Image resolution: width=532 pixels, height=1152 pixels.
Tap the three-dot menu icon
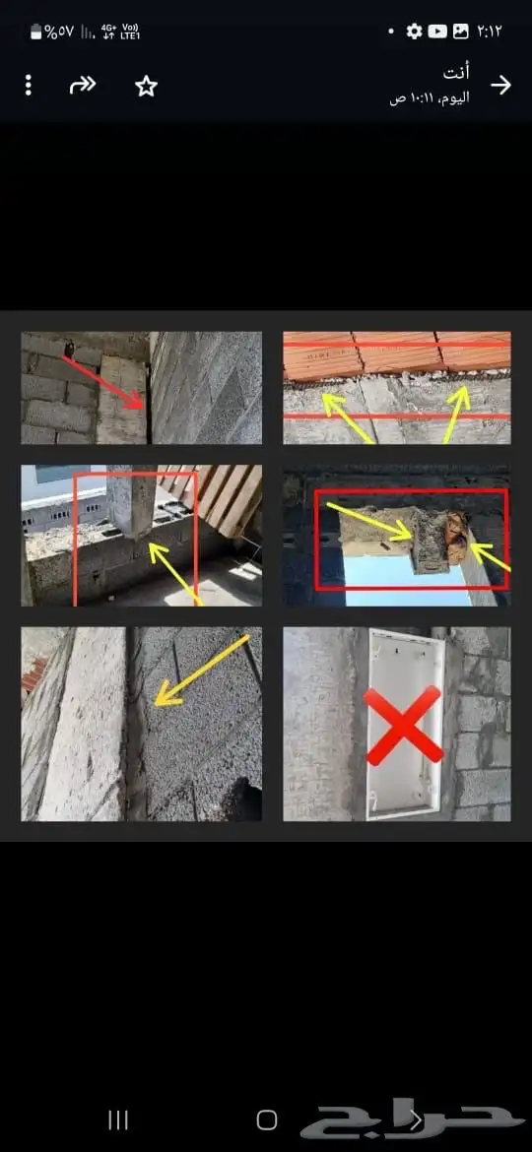click(28, 86)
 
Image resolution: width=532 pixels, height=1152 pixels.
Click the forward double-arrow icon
click(83, 86)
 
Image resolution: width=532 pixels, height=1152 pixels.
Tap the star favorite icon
click(146, 86)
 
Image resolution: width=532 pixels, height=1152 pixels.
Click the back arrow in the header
click(501, 86)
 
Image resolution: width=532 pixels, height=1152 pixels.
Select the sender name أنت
click(456, 73)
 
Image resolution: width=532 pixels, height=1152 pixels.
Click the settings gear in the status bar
click(415, 31)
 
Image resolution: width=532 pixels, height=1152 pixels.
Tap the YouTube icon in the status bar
click(437, 31)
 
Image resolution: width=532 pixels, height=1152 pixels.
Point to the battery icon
click(36, 32)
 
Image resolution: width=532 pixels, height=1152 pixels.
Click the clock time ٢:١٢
click(490, 31)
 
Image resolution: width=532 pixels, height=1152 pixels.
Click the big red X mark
click(403, 725)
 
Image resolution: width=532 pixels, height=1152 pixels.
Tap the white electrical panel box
click(405, 725)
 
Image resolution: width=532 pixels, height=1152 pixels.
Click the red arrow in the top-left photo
click(102, 382)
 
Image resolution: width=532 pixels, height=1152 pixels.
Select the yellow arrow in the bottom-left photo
click(202, 671)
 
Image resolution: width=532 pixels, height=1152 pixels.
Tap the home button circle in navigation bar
click(267, 1120)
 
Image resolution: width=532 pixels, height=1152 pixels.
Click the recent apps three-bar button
click(118, 1120)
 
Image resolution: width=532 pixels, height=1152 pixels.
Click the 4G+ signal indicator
click(108, 32)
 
